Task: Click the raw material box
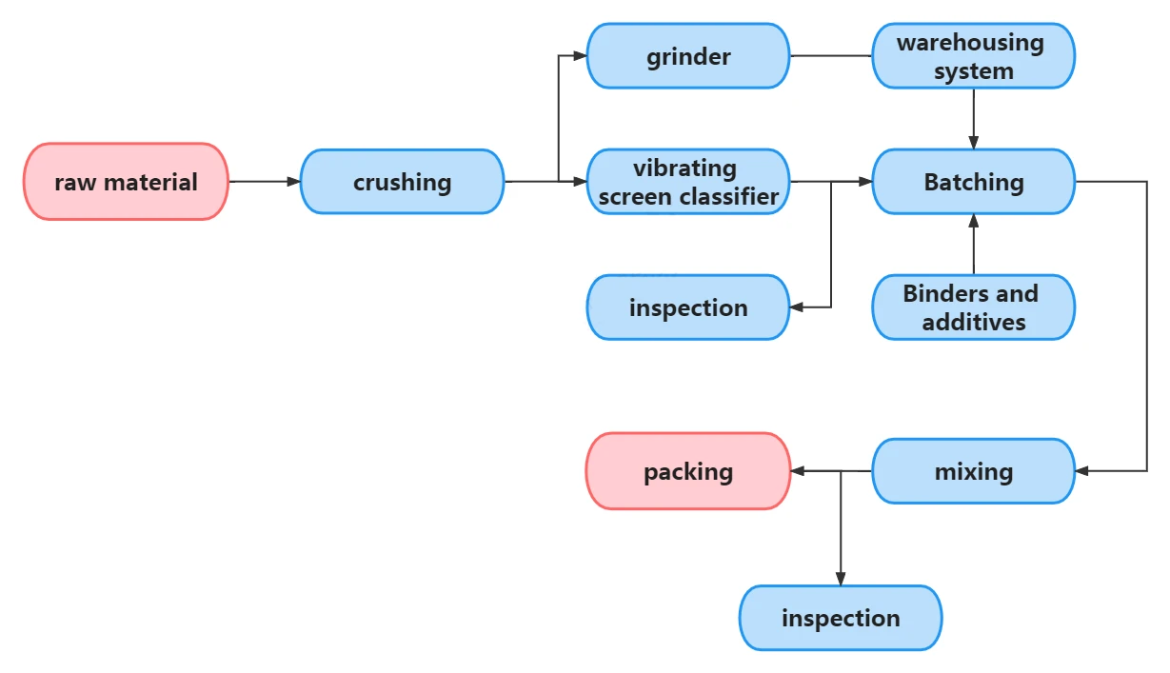click(126, 182)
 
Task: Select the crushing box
click(402, 182)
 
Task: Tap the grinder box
click(688, 56)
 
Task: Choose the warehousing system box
click(974, 56)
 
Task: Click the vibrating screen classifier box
click(688, 182)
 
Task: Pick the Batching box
click(974, 182)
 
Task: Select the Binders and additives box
click(974, 307)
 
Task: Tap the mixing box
click(974, 471)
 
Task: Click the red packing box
click(688, 471)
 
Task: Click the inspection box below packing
click(841, 618)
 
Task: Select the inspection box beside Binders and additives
click(688, 307)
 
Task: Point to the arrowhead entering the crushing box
click(293, 182)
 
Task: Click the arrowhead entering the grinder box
click(580, 55)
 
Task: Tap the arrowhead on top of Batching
click(974, 143)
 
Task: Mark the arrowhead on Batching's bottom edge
click(974, 221)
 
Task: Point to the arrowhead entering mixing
click(1082, 471)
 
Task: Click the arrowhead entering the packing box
click(798, 471)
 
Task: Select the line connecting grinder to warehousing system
click(830, 55)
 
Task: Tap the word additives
click(974, 322)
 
